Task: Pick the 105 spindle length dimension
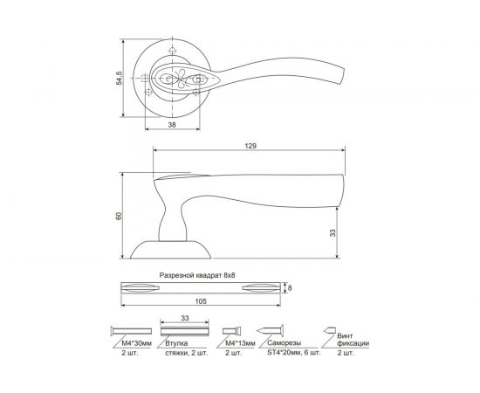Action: click(202, 301)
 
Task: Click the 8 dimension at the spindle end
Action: click(291, 286)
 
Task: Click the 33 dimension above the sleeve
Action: click(184, 319)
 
